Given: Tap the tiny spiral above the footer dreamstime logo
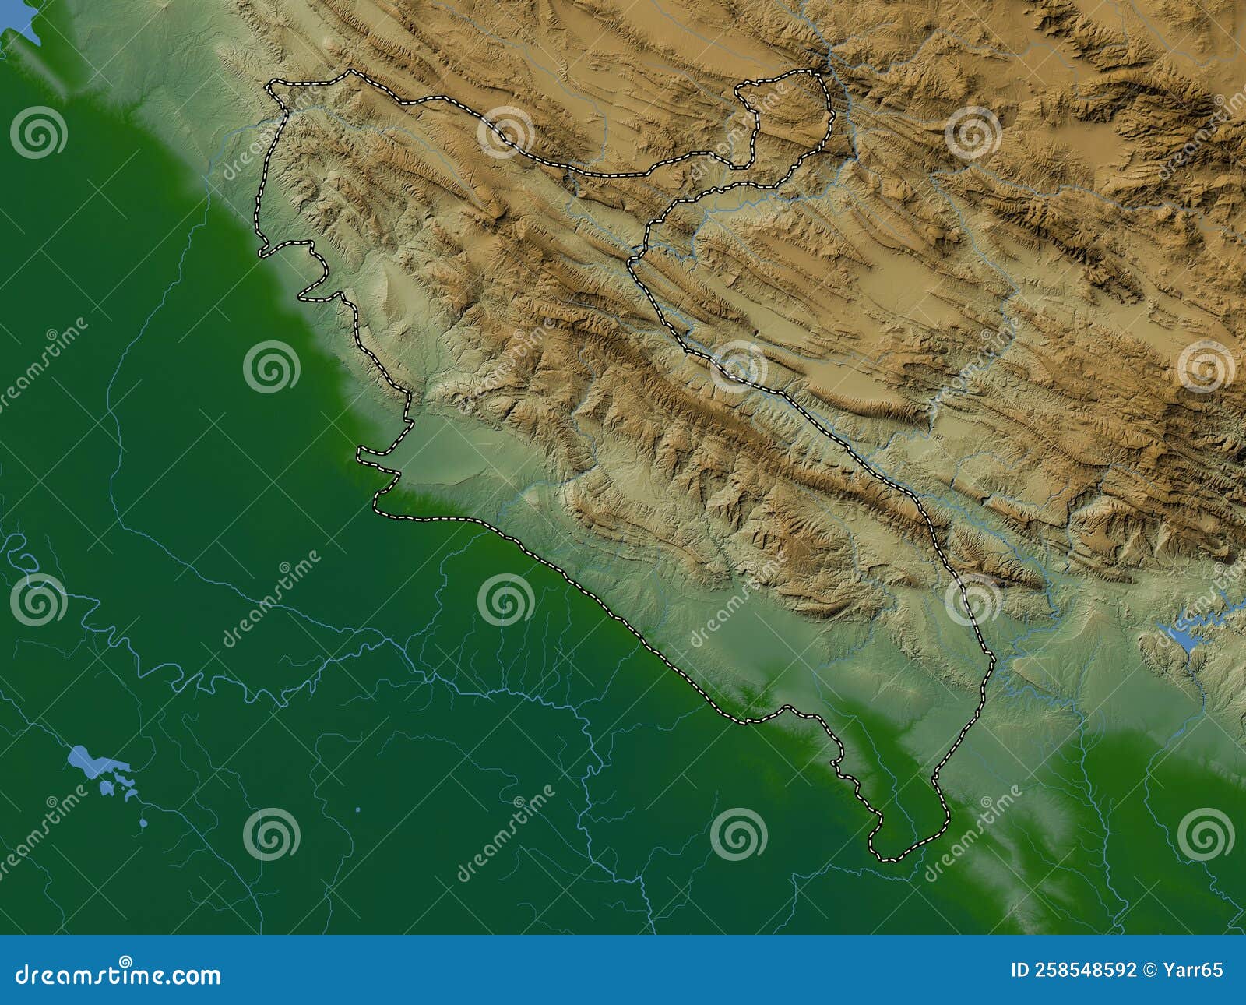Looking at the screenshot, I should tap(125, 961).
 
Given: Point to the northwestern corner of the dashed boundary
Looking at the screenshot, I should tap(269, 84).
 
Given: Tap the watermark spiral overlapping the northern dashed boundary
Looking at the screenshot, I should tap(506, 132).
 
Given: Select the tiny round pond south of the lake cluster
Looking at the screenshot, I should tap(143, 823).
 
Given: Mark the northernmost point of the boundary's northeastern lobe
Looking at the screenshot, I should tap(814, 72).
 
